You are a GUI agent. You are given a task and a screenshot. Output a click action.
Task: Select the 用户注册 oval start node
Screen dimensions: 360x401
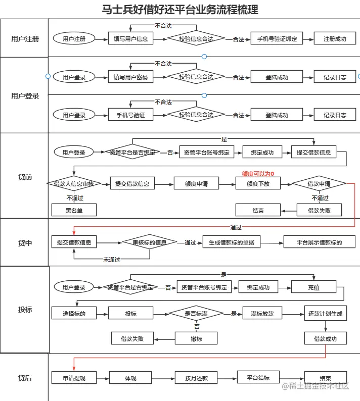[x=74, y=38]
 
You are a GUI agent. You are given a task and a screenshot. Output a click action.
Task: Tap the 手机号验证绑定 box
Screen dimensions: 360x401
[x=277, y=38]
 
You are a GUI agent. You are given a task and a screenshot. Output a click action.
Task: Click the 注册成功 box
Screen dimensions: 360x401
[x=335, y=38]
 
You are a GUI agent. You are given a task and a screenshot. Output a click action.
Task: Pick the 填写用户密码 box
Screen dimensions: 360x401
[x=130, y=77]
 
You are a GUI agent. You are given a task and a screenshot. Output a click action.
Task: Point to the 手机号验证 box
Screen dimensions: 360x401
[x=130, y=115]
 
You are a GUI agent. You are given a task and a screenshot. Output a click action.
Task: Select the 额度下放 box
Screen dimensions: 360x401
[x=257, y=184]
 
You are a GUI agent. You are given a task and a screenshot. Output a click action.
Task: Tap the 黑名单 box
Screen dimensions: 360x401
[x=74, y=210]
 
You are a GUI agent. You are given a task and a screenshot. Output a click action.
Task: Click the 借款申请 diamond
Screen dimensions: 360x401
[x=319, y=184]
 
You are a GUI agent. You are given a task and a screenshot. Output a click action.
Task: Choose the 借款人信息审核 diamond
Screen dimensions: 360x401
[x=74, y=184]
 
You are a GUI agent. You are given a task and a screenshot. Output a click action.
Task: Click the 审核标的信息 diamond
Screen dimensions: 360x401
[x=150, y=242]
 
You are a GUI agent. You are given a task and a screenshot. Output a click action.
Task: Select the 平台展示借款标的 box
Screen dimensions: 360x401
[x=319, y=242]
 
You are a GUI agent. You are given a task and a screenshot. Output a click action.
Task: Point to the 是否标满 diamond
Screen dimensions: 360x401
[x=197, y=314]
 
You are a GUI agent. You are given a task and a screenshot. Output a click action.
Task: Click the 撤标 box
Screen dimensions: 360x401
[x=196, y=339]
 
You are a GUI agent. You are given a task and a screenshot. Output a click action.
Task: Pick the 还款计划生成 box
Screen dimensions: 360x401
[x=325, y=314]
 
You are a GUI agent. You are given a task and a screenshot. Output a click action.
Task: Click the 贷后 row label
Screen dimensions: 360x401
[x=25, y=378]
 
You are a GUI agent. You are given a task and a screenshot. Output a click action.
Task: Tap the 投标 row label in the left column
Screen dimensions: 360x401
[x=25, y=309]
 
